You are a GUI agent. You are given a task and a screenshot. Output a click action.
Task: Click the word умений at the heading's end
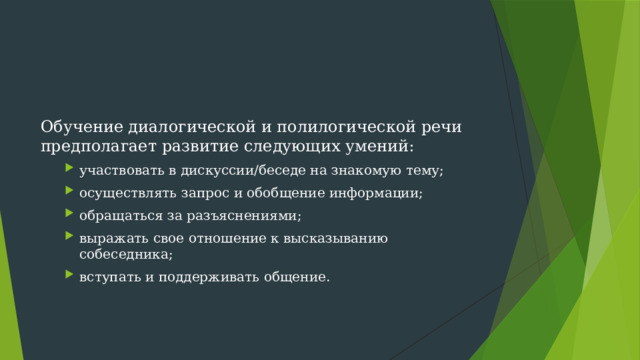385,148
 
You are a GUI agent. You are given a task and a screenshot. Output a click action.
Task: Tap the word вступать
109,276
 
